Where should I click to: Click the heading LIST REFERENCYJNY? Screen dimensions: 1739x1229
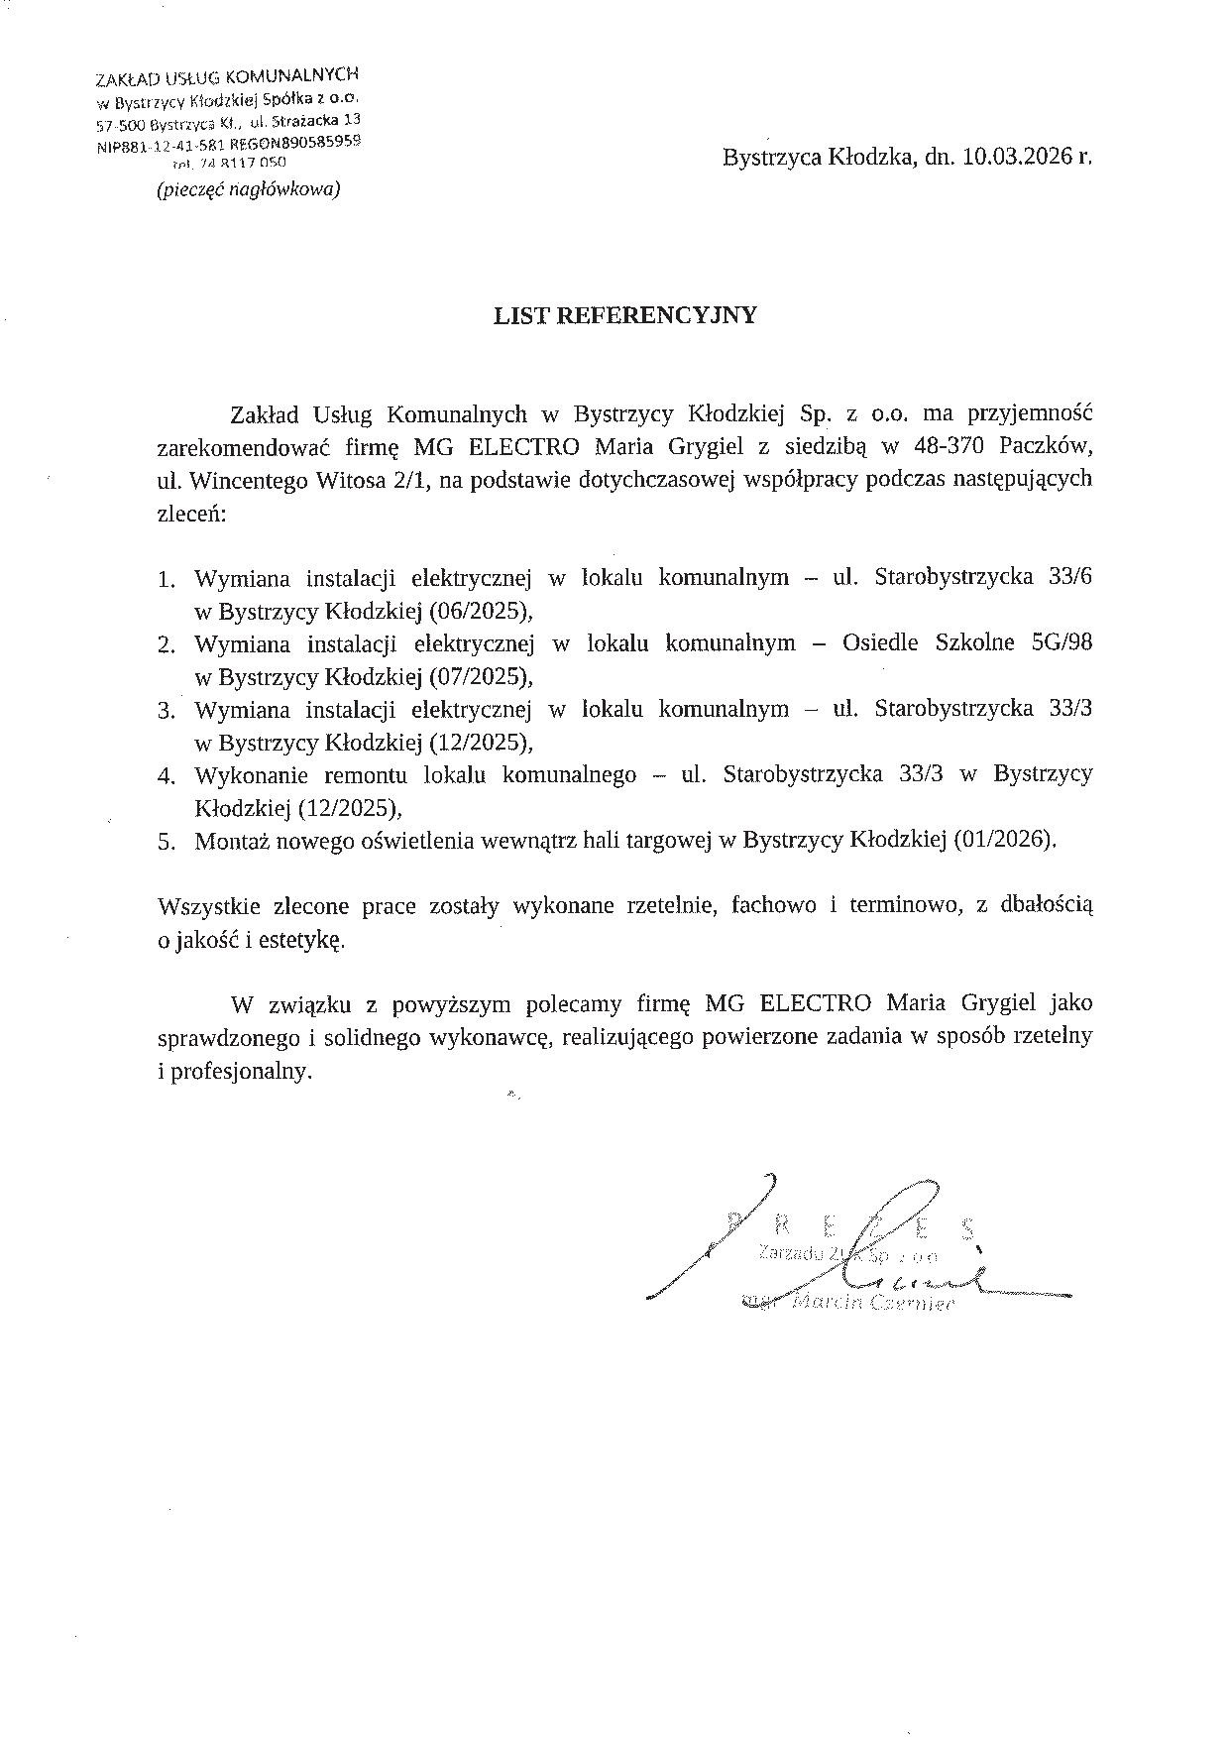pyautogui.click(x=625, y=315)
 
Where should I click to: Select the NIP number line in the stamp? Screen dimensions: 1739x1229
pyautogui.click(x=229, y=145)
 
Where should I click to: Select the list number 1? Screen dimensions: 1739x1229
pyautogui.click(x=166, y=579)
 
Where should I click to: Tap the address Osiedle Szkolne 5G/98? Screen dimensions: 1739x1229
pyautogui.click(x=966, y=642)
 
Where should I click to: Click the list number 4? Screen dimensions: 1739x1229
pyautogui.click(x=166, y=776)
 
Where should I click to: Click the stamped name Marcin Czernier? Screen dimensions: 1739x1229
pyautogui.click(x=865, y=1303)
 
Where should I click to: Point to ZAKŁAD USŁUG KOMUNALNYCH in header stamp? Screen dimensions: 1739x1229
pyautogui.click(x=227, y=77)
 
